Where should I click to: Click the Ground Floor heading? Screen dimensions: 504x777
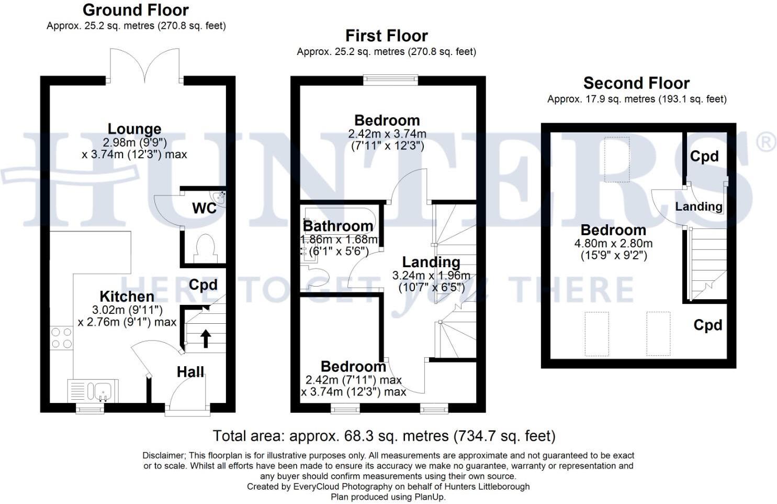[136, 10]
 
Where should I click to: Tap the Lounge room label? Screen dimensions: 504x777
[134, 129]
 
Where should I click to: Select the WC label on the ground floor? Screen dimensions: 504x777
[204, 208]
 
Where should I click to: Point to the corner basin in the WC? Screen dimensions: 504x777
[221, 198]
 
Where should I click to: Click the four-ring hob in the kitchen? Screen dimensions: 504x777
[61, 338]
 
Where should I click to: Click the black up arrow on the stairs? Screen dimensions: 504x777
[206, 338]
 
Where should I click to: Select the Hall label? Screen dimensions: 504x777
[190, 372]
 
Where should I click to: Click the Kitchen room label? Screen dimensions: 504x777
[127, 297]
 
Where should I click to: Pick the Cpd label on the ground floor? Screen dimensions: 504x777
[203, 284]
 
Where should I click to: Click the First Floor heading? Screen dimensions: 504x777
[387, 36]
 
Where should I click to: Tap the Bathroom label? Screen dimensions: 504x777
[338, 226]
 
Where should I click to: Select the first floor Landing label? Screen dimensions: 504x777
[431, 262]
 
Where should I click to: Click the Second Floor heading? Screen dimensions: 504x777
[636, 83]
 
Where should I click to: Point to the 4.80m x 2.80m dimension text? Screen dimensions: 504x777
[614, 243]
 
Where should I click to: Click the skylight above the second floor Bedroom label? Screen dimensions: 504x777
[617, 159]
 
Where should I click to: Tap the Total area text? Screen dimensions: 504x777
[384, 436]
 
